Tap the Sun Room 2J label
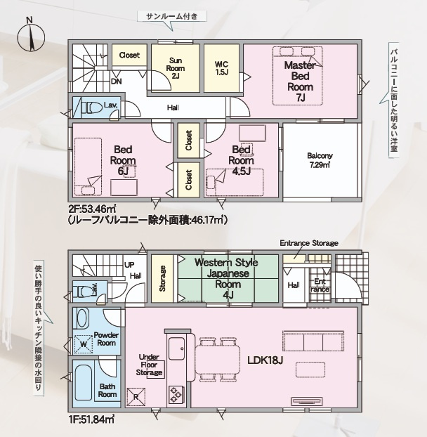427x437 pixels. click(x=176, y=68)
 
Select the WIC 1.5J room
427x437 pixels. click(x=221, y=68)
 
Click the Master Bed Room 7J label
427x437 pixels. click(x=301, y=81)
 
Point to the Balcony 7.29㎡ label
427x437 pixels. click(x=320, y=160)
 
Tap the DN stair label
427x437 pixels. click(x=117, y=81)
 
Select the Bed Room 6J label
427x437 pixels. click(x=123, y=160)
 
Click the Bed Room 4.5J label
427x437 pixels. click(x=241, y=160)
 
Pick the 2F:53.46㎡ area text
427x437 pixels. click(x=92, y=209)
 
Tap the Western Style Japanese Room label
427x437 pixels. click(x=226, y=273)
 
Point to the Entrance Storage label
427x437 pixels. click(x=309, y=243)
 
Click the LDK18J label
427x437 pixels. click(x=265, y=360)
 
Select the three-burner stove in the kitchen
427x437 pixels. click(x=176, y=396)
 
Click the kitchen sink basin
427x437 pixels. click(x=176, y=348)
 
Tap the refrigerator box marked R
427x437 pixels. click(x=136, y=396)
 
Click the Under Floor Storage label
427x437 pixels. click(x=149, y=365)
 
